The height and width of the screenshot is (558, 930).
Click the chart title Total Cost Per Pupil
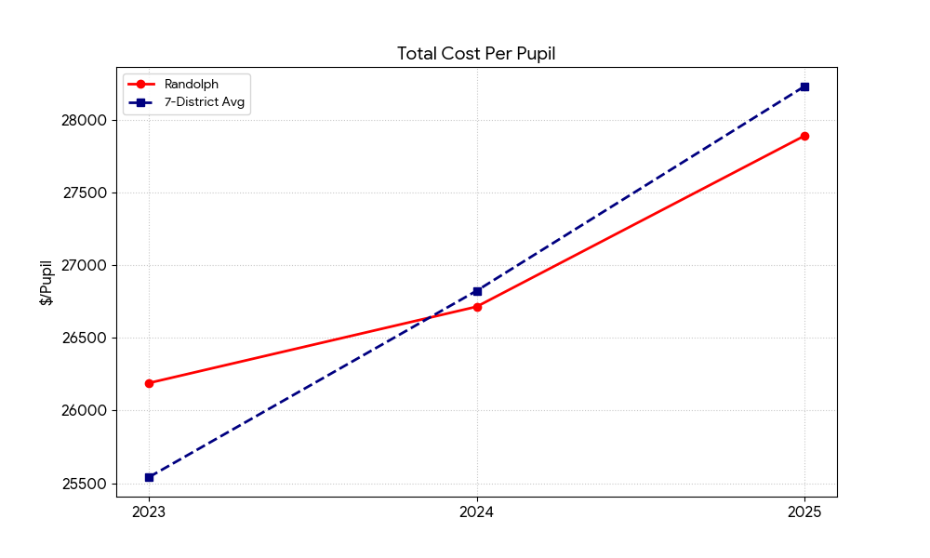(476, 54)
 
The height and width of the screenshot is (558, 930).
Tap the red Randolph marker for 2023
(149, 383)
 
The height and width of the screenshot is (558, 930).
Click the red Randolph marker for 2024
(477, 307)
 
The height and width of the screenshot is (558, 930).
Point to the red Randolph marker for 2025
(804, 136)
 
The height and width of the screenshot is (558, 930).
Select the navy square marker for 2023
(149, 477)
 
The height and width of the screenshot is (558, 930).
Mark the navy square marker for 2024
(477, 291)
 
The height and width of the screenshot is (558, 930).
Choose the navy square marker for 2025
(804, 86)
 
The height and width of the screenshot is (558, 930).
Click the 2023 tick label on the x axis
(149, 511)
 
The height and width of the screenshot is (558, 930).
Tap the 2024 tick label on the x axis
(477, 511)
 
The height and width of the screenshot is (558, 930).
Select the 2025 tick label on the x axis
(804, 511)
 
